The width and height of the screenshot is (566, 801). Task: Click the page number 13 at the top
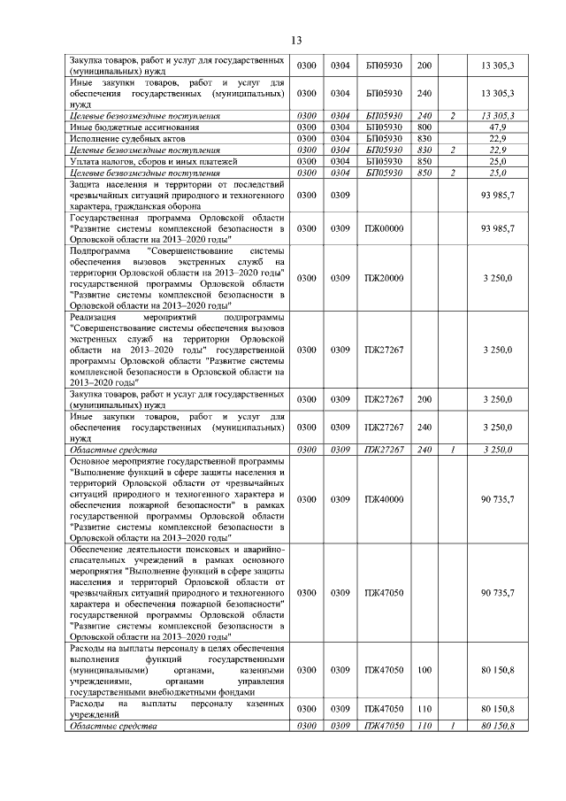click(295, 40)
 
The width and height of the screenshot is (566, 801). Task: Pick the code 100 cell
click(424, 673)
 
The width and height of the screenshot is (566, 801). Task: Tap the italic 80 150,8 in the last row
click(498, 726)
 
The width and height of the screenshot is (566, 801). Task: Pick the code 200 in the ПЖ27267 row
click(424, 399)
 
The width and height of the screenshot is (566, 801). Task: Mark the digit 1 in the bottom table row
click(452, 726)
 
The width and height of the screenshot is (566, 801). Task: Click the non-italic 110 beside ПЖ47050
click(424, 709)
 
